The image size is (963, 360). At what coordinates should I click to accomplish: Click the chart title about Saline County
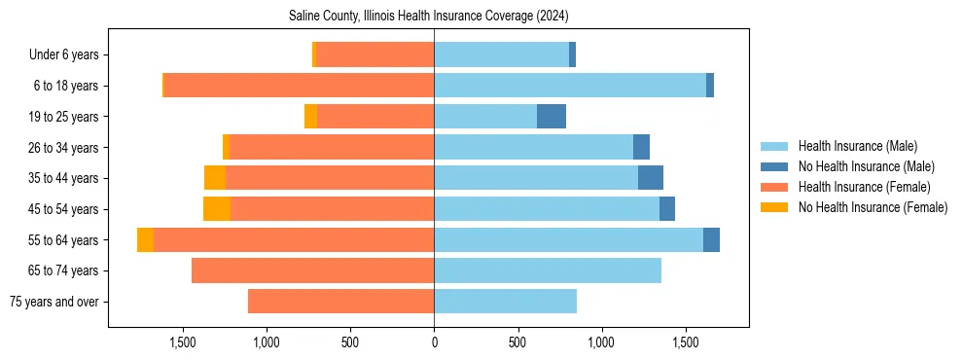point(428,17)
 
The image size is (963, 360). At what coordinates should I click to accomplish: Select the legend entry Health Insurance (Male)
point(857,146)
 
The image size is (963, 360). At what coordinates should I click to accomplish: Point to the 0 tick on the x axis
point(434,342)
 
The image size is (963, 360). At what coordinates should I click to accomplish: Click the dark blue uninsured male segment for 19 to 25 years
point(552,117)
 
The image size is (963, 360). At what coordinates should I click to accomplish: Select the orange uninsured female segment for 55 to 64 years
point(145,240)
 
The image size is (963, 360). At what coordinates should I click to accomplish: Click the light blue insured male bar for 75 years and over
point(505,302)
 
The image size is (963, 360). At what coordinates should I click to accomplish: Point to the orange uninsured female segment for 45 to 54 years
point(217,209)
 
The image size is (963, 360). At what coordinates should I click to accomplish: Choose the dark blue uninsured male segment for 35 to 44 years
point(651,178)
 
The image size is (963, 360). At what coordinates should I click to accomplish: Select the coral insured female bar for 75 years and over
point(340,302)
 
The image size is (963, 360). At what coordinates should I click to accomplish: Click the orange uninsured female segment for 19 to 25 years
point(310,117)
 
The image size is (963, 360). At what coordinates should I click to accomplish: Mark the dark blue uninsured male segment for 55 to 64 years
point(711,240)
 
